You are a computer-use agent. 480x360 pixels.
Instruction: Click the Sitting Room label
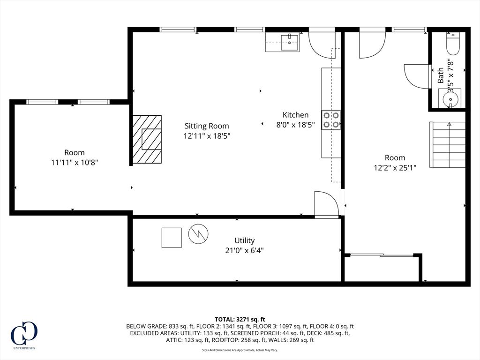point(207,126)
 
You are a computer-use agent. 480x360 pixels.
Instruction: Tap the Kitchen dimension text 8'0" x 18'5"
point(295,125)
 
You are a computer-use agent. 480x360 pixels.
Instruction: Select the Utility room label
point(244,240)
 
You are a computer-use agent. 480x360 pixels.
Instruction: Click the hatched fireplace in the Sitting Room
point(147,139)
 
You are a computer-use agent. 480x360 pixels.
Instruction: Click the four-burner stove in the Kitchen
point(331,120)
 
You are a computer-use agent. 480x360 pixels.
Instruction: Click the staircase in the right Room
point(448,144)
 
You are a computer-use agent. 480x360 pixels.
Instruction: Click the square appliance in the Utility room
point(172,238)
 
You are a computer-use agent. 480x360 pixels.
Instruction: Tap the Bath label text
point(441,75)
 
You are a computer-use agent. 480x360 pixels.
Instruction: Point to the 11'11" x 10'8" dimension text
point(74,163)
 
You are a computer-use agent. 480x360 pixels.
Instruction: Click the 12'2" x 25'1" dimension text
point(395,167)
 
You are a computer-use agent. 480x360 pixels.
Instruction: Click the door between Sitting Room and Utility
point(326,205)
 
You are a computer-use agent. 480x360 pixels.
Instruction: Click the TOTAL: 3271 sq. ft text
point(240,319)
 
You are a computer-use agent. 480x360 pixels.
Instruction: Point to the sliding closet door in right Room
point(382,255)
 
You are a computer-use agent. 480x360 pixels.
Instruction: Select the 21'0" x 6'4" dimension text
point(244,250)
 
